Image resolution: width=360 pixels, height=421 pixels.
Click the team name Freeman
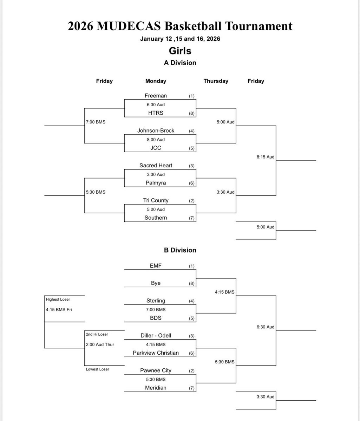(x=156, y=95)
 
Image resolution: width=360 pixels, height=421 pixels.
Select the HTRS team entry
(x=156, y=113)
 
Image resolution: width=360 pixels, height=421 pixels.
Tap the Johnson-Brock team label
(x=156, y=131)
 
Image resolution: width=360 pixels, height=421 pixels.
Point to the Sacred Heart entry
(x=156, y=165)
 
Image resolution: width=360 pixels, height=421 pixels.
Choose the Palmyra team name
(x=156, y=183)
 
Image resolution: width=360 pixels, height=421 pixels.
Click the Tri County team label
(x=156, y=200)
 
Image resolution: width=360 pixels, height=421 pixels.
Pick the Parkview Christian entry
(x=156, y=353)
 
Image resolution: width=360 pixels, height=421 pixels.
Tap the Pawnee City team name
(x=156, y=370)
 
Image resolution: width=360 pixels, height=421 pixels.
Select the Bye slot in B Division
(x=156, y=283)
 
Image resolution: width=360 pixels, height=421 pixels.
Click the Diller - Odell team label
(x=156, y=335)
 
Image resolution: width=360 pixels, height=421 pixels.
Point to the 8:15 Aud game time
(x=266, y=157)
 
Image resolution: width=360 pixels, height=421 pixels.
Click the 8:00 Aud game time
(x=156, y=139)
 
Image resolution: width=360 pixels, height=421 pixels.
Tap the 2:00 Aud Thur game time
(x=100, y=345)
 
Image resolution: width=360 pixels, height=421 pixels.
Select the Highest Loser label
(x=58, y=299)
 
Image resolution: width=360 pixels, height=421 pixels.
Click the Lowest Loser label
(x=98, y=369)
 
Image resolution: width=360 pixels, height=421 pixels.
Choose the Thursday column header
(x=216, y=81)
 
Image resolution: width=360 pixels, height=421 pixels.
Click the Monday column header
(x=156, y=81)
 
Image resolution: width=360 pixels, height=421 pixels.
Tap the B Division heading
(x=180, y=250)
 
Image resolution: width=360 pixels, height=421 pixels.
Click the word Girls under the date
(x=180, y=51)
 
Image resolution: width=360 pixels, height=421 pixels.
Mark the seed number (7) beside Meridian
(x=191, y=388)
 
